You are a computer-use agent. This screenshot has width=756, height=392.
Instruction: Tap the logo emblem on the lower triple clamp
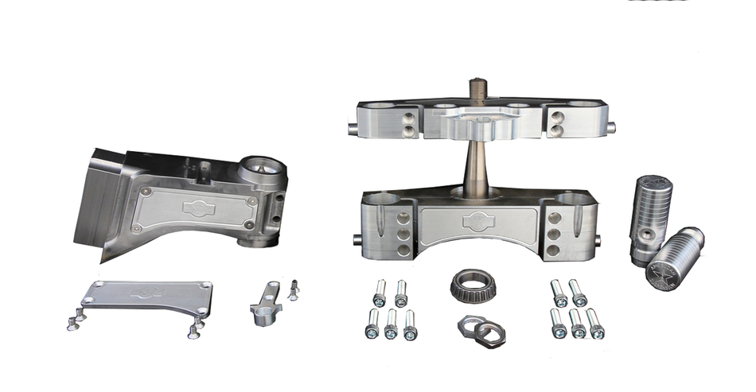point(478,221)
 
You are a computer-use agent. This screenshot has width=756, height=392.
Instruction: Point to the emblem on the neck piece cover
point(195,208)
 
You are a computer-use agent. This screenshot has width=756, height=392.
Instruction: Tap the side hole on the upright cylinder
point(651,232)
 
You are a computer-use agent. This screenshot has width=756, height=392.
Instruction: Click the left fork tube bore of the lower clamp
point(384,198)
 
